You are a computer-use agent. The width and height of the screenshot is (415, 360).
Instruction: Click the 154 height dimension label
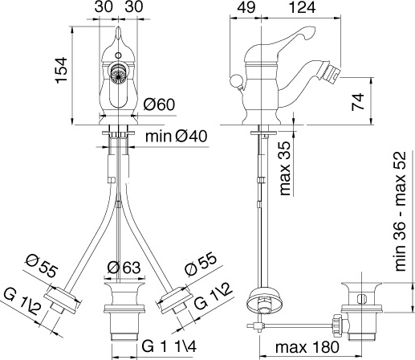pyautogui.click(x=62, y=70)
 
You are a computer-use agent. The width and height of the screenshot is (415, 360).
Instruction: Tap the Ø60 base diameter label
pyautogui.click(x=159, y=104)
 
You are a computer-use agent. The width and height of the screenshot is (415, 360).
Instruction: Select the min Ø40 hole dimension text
pyautogui.click(x=177, y=137)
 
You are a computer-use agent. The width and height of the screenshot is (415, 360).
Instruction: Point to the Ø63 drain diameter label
pyautogui.click(x=124, y=268)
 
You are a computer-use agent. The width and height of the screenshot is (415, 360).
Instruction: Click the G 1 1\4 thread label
pyautogui.click(x=169, y=346)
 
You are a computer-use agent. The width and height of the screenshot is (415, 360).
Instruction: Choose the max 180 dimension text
pyautogui.click(x=307, y=347)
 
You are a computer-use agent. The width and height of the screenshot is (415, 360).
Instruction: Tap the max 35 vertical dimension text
pyautogui.click(x=285, y=168)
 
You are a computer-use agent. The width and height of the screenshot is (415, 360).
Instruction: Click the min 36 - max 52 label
pyautogui.click(x=401, y=211)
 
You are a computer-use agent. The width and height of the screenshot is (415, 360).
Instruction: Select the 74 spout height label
pyautogui.click(x=358, y=101)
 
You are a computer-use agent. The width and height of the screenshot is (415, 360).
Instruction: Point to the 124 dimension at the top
pyautogui.click(x=303, y=7)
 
